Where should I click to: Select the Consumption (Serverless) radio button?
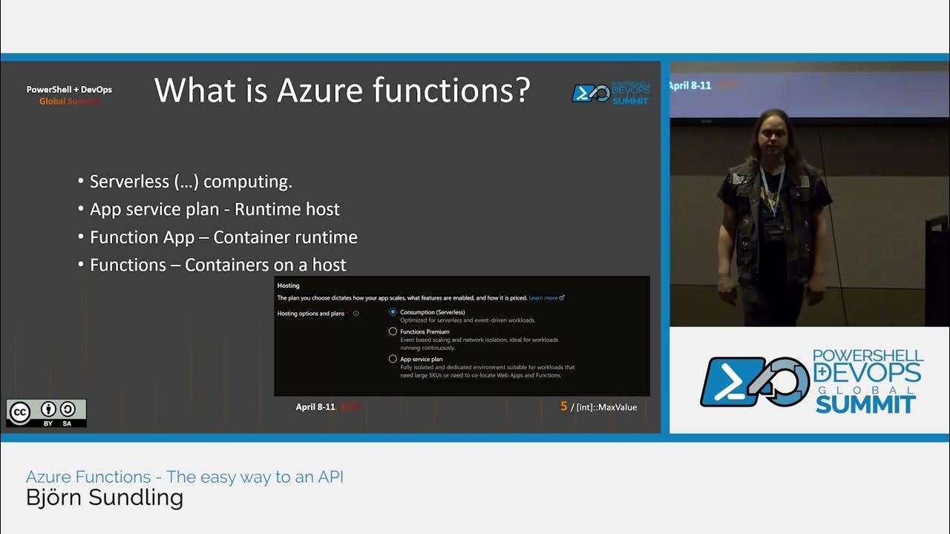393,312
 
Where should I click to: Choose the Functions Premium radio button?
393,332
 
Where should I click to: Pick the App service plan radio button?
393,359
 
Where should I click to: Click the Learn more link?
544,298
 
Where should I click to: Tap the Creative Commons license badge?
47,413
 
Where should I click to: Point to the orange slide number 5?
564,406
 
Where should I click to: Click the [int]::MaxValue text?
606,407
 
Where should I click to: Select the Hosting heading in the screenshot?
288,286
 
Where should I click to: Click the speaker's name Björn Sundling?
105,498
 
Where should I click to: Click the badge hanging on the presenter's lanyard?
775,228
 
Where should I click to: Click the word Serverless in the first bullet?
119,182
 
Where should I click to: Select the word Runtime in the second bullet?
261,209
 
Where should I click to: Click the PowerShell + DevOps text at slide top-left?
69,90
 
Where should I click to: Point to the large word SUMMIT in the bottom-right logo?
865,404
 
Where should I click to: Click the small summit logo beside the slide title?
610,93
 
